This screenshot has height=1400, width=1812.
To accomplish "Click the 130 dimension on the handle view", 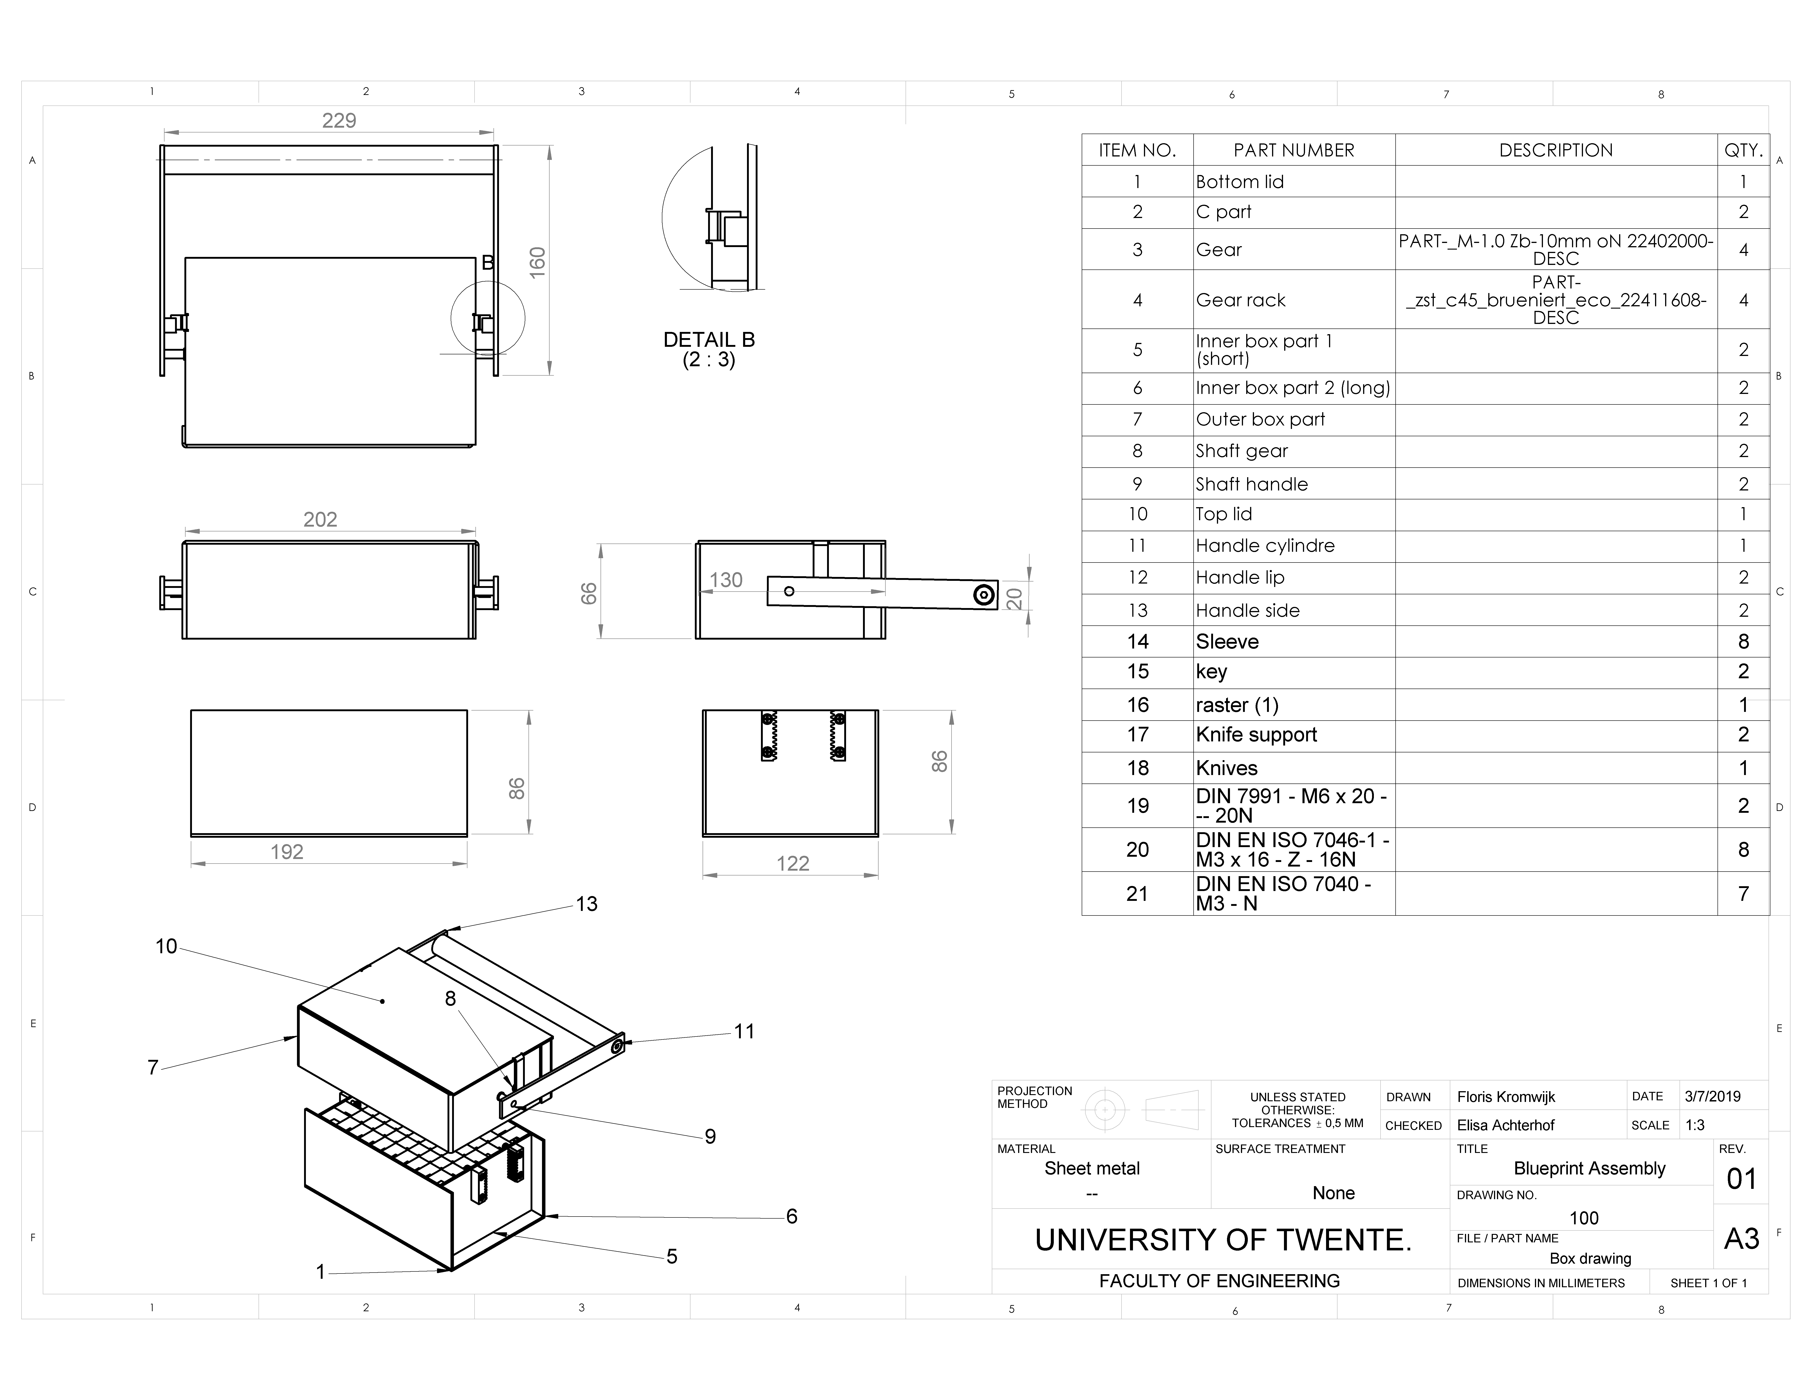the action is [x=726, y=580].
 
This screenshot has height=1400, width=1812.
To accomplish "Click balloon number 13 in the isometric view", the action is [x=587, y=904].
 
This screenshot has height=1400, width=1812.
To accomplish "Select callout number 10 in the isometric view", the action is [x=166, y=946].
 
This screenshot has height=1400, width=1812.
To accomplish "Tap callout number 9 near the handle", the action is [x=710, y=1136].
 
